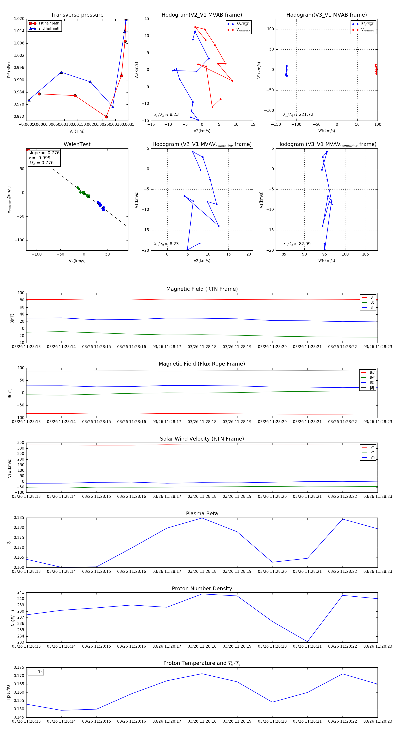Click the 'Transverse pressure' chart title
(x=77, y=15)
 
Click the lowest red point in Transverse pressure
(x=106, y=117)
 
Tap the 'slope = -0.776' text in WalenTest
(x=44, y=153)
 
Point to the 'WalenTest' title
(x=77, y=144)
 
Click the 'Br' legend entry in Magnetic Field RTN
(x=372, y=298)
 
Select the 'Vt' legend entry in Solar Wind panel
(x=372, y=452)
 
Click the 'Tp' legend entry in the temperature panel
(x=40, y=672)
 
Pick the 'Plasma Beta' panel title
(x=202, y=514)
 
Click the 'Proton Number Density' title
(x=202, y=589)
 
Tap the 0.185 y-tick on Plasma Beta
(x=19, y=518)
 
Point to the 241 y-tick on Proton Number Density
(x=21, y=592)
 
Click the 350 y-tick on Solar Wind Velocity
(x=21, y=443)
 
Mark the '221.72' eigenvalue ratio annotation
(x=306, y=115)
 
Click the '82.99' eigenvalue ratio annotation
(x=305, y=244)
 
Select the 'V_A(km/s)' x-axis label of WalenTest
(x=77, y=261)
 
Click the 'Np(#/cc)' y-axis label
(x=13, y=618)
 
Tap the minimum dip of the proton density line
(x=307, y=642)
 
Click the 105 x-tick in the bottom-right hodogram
(x=365, y=254)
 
